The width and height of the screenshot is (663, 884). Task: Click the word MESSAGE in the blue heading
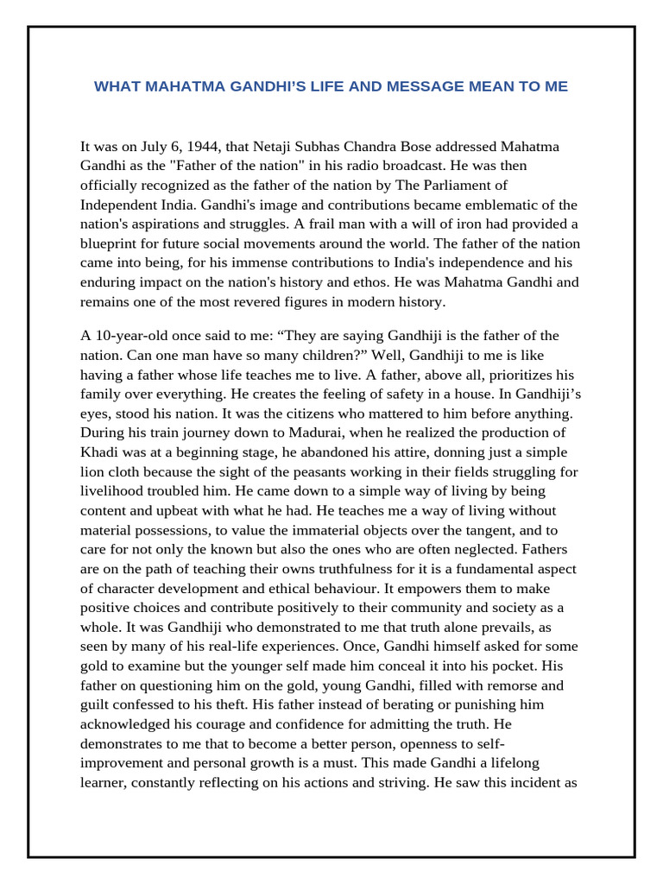[x=427, y=87]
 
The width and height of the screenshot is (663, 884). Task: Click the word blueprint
[x=110, y=243]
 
